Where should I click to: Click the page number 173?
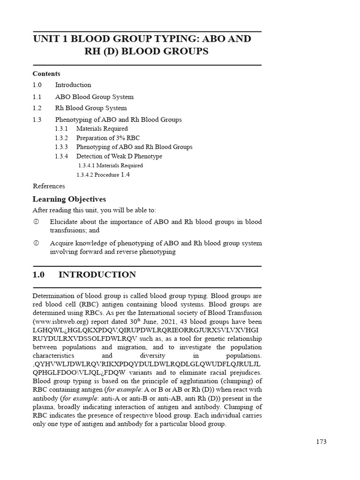coord(321,442)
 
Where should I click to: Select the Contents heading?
coord(46,74)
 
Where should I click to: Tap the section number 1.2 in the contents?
coord(37,108)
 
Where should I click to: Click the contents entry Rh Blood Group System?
coord(91,108)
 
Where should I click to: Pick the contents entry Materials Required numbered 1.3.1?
coord(102,128)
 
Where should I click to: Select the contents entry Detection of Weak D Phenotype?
coord(119,156)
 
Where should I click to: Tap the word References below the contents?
coord(49,186)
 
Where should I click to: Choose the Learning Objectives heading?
coord(69,199)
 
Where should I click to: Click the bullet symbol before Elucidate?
coord(36,222)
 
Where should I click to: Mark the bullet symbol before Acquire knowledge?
coord(36,243)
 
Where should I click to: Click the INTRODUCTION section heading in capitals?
coord(97,275)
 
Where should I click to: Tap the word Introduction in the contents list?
coord(73,85)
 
